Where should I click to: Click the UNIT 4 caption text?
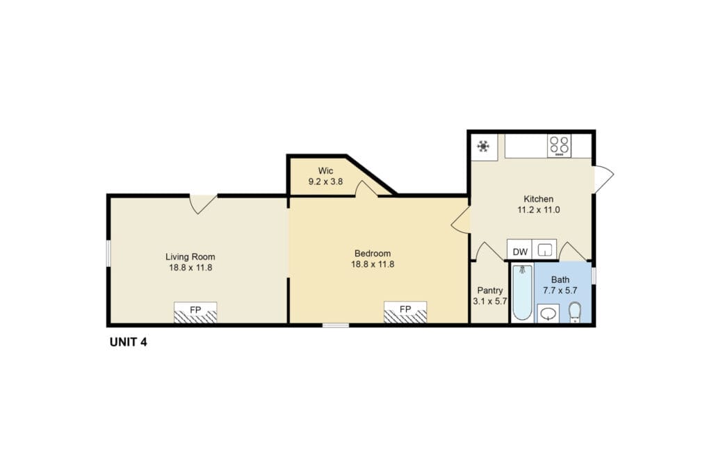(129, 342)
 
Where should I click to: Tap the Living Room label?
(190, 257)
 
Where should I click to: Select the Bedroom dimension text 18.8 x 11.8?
(373, 264)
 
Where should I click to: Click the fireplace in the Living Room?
(195, 312)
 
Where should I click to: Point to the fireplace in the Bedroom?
(405, 312)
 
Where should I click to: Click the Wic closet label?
(325, 171)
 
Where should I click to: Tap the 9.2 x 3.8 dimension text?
(325, 181)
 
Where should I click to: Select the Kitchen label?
(538, 199)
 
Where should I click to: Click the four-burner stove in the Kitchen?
(560, 146)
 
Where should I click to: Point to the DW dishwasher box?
(520, 250)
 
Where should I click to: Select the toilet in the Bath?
(575, 312)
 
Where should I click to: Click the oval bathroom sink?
(548, 314)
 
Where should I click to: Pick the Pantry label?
(490, 291)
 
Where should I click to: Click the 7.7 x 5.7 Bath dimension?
(560, 291)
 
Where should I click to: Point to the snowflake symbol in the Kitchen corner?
(483, 147)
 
